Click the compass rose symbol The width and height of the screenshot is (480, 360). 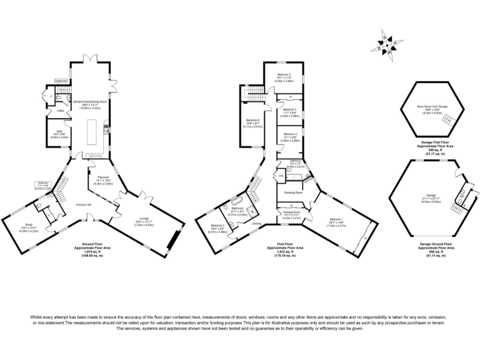coord(387,44)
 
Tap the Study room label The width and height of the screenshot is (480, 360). coord(29,226)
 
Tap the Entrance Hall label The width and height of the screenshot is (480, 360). coord(84,205)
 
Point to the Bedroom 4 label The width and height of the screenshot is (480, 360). coord(289,136)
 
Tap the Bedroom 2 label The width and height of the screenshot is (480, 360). coord(217,227)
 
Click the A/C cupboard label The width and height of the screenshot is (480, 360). coord(281,176)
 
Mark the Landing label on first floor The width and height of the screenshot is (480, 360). coord(256,223)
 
